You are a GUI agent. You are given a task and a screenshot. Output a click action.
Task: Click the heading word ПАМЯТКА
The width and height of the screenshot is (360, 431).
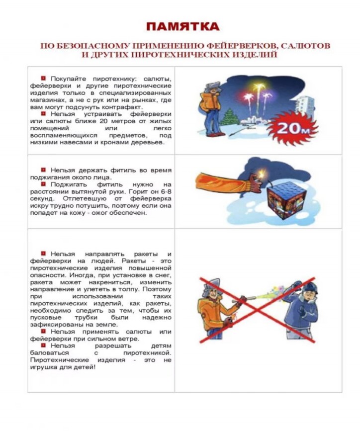coord(182,26)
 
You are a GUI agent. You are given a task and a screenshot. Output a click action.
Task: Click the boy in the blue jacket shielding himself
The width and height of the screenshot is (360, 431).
coord(303,308)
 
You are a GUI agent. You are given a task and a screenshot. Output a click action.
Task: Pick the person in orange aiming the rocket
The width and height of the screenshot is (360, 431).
coord(215,308)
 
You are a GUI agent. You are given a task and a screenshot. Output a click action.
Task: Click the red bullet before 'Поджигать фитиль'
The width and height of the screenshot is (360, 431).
coord(43,184)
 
